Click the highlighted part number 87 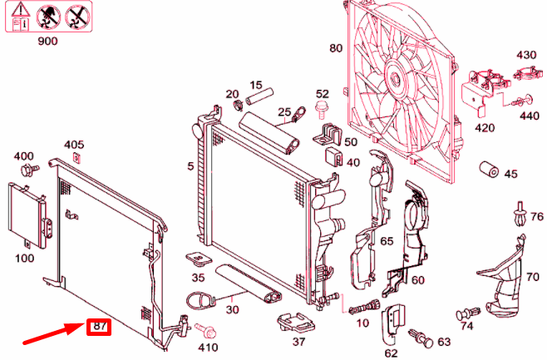coord(100,327)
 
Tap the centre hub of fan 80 coord(397,79)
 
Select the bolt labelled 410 coord(205,331)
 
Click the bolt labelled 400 coord(29,170)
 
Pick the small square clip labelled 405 coord(76,158)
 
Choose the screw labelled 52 coord(321,109)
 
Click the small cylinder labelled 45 coord(489,170)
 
